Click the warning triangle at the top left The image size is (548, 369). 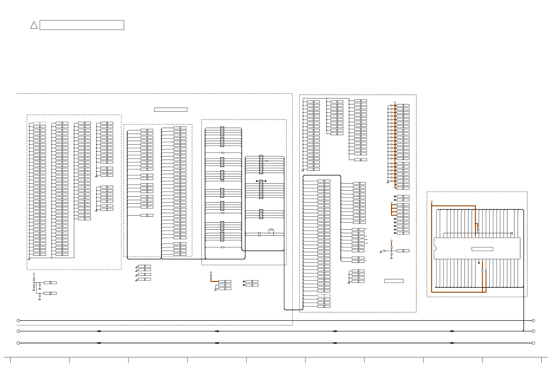34,25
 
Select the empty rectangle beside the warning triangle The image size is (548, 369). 82,25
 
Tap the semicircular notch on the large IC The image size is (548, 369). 435,248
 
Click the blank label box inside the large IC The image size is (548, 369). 482,249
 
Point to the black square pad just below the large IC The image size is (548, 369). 479,263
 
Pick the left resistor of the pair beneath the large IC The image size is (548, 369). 482,271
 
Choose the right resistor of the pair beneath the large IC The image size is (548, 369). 486,271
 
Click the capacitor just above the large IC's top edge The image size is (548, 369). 478,230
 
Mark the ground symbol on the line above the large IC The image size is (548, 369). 512,233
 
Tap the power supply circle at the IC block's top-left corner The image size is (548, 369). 432,201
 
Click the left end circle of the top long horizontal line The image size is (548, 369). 18,320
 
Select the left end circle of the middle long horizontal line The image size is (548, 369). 18,331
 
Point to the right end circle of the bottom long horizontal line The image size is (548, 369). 533,343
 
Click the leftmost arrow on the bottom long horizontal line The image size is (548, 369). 99,343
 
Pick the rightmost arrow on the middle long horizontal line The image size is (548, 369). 452,331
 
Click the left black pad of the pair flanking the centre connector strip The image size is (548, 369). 257,181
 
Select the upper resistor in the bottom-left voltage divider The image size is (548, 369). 34,279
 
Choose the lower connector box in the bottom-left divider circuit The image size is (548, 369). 50,293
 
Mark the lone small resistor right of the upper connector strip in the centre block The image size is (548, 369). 266,161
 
